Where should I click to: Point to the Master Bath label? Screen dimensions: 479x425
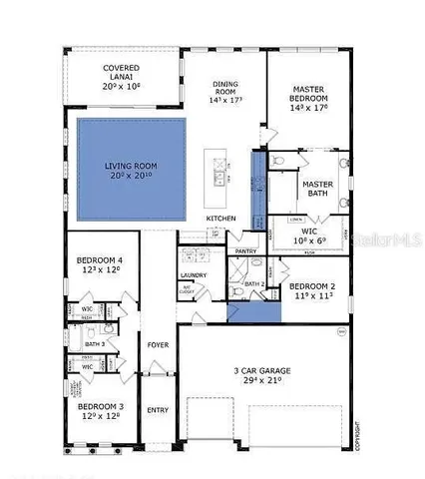coord(318,191)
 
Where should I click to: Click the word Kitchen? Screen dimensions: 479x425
coord(220,217)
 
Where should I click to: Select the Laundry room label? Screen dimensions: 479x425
coord(193,275)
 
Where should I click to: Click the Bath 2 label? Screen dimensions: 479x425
coord(253,284)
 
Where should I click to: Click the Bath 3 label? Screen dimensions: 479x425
coord(96,344)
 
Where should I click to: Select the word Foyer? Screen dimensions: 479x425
coord(158,345)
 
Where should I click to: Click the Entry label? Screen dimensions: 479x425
coord(158,410)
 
